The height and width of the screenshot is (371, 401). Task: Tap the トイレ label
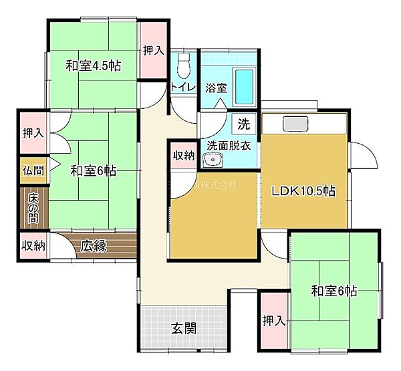coord(183,87)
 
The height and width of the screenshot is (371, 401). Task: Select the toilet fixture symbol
coord(184,65)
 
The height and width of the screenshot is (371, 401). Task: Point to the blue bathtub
coord(245,86)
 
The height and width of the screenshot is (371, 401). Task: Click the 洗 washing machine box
coord(244,124)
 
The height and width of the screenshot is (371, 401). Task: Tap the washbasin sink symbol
coord(215,160)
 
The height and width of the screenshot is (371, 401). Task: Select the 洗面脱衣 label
coord(228,144)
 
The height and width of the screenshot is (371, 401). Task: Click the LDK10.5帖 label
coord(303,191)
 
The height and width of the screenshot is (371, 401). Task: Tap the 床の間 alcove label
coord(32,209)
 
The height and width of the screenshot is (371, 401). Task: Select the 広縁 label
coord(94,245)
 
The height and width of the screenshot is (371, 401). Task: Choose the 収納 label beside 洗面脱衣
coord(184,156)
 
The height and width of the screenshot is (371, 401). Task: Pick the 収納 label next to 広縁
coord(32,245)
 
